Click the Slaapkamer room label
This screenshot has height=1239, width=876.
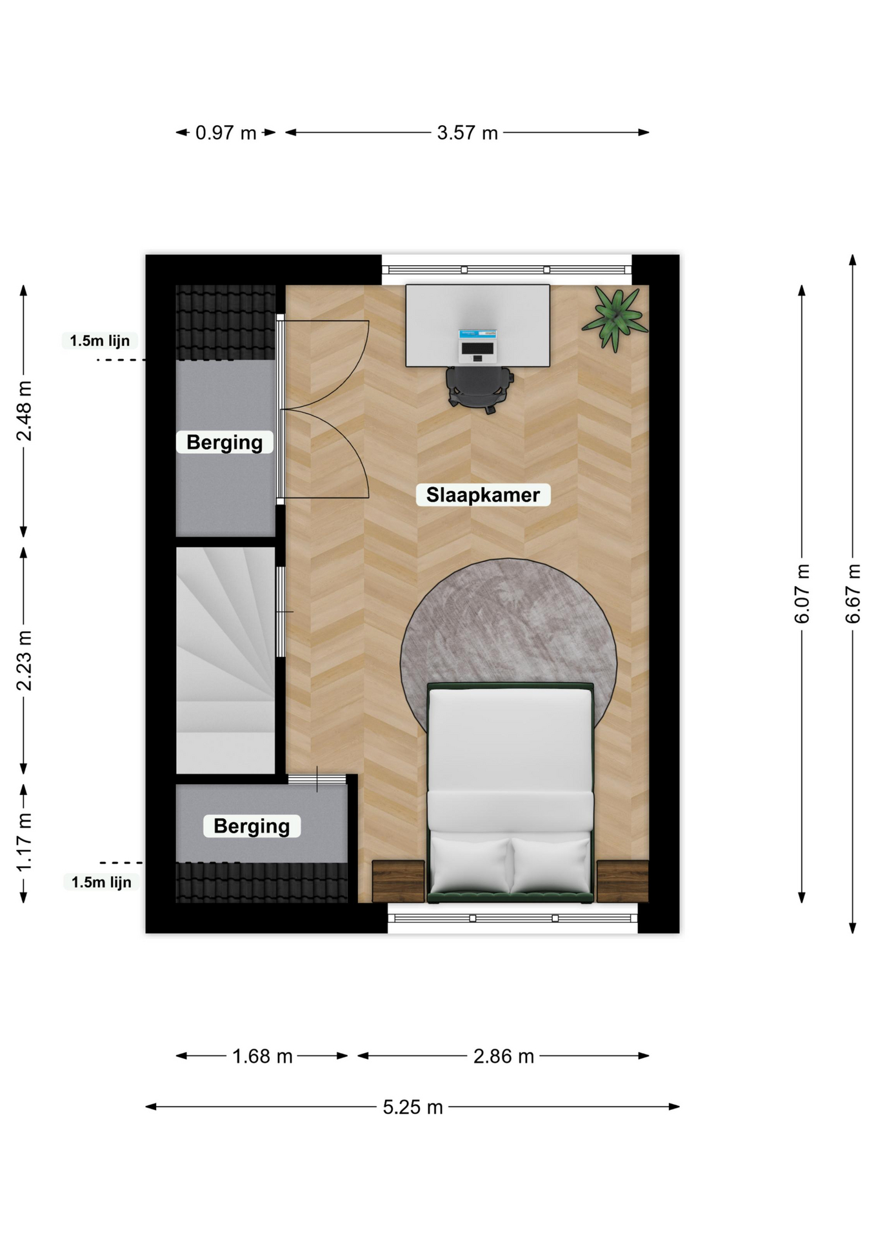(483, 495)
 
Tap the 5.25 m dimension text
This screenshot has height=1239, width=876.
(413, 1107)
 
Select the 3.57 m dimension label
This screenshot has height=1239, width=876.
(467, 133)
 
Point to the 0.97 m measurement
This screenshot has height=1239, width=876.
(226, 133)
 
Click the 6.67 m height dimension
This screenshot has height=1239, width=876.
(853, 594)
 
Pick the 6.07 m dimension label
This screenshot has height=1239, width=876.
(802, 594)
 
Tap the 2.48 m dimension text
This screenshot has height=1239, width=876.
(24, 411)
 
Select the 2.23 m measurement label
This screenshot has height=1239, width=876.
(24, 661)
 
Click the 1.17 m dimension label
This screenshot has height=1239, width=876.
(24, 843)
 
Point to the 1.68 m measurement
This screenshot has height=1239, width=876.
(262, 1056)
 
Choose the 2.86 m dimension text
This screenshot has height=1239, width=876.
(503, 1056)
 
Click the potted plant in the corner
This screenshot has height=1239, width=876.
(615, 318)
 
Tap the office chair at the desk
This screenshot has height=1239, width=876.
(479, 389)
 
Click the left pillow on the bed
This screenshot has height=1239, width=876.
(471, 865)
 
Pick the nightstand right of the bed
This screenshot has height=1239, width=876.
(622, 881)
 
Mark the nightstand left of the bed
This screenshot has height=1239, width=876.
(398, 881)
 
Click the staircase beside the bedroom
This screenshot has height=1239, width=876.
(226, 660)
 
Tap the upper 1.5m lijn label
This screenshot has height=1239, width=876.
(100, 341)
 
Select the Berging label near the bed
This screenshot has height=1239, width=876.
(252, 826)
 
